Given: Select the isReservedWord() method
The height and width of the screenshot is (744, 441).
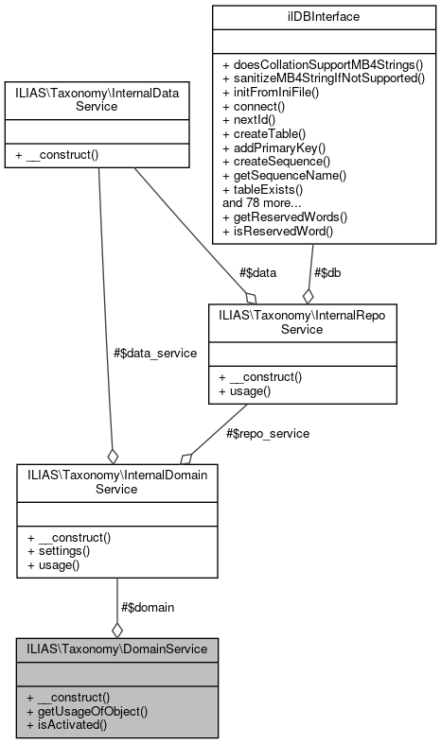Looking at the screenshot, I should coord(277,231).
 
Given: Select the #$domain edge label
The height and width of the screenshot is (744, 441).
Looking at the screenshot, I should coord(147,607).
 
